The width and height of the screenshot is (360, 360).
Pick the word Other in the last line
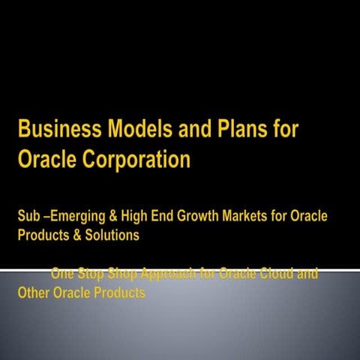point(34,292)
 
